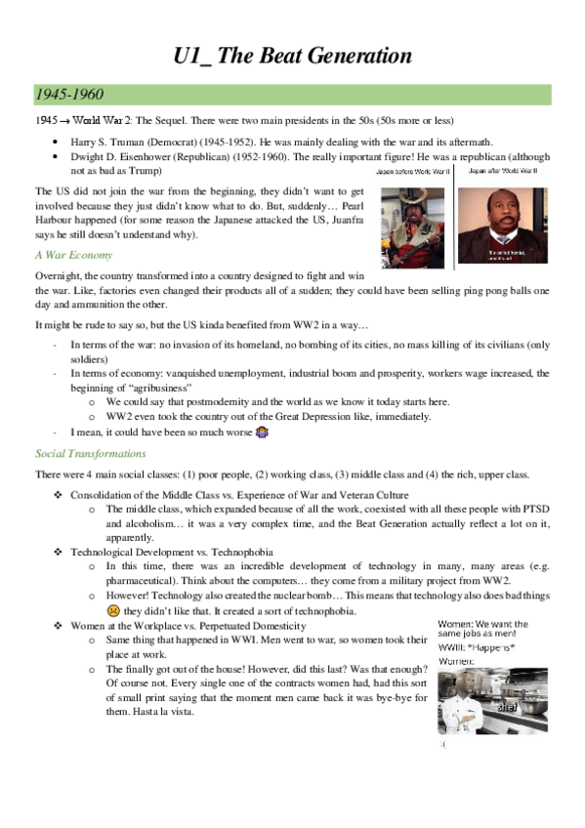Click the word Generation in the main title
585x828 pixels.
[x=348, y=56]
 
